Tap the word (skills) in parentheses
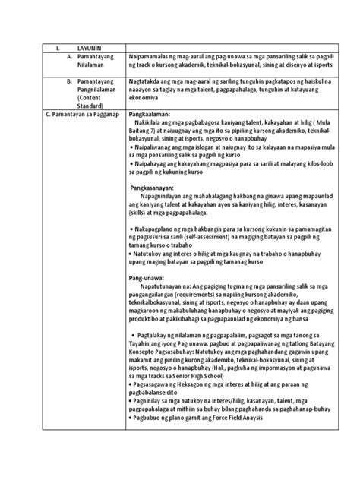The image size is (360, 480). pos(141,215)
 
